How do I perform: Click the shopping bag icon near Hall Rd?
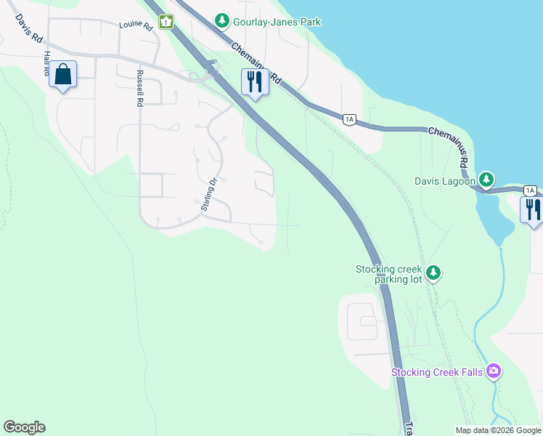pyautogui.click(x=63, y=74)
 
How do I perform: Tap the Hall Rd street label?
pyautogui.click(x=47, y=64)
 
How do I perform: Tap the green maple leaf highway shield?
pyautogui.click(x=167, y=22)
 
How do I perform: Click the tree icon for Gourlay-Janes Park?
pyautogui.click(x=221, y=22)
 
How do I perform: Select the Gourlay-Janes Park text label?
pyautogui.click(x=277, y=23)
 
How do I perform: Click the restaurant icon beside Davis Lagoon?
pyautogui.click(x=532, y=209)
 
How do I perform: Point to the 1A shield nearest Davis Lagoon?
pyautogui.click(x=530, y=190)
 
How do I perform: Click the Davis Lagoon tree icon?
pyautogui.click(x=486, y=179)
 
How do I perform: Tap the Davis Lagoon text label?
pyautogui.click(x=445, y=181)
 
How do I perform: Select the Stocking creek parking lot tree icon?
pyautogui.click(x=433, y=273)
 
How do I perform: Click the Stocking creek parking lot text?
pyautogui.click(x=388, y=274)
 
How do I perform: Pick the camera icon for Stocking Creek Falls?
pyautogui.click(x=494, y=372)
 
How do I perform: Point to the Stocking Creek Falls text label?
pyautogui.click(x=438, y=373)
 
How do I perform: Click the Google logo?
pyautogui.click(x=24, y=427)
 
